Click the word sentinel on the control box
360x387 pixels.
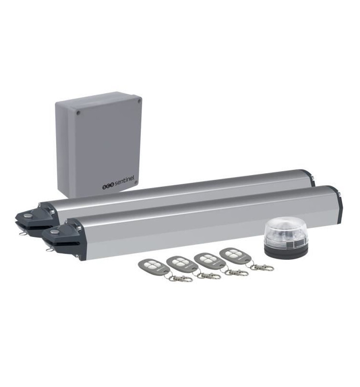coord(124,182)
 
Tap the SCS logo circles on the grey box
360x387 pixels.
coord(108,187)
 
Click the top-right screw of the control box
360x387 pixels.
coord(139,101)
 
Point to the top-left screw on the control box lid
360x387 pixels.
coord(78,113)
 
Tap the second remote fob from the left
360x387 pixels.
coord(182,264)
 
